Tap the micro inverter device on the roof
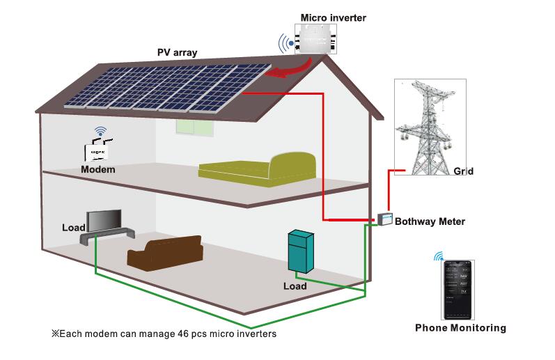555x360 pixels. [x=317, y=40]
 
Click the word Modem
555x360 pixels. [x=97, y=169]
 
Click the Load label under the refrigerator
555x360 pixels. [x=295, y=286]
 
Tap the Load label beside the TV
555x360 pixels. [x=73, y=228]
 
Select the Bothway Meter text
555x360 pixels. [x=430, y=222]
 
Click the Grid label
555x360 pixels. [x=463, y=171]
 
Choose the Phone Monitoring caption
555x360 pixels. [x=460, y=328]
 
